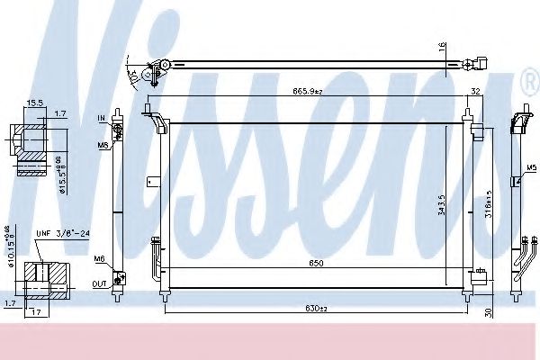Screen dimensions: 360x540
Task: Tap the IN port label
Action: pyautogui.click(x=102, y=118)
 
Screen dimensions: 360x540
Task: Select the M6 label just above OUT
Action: pyautogui.click(x=100, y=259)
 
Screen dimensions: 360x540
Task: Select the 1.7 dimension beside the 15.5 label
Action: pyautogui.click(x=59, y=113)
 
